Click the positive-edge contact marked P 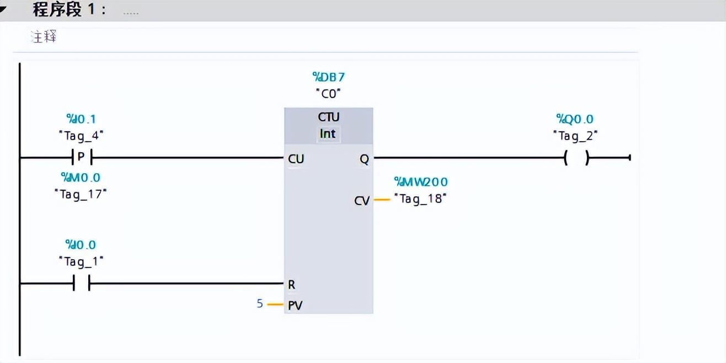81,158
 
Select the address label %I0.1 81,119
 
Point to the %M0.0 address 81,178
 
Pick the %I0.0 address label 81,244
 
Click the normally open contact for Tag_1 81,284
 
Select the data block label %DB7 329,77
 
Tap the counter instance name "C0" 329,94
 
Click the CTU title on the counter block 329,117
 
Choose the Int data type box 328,134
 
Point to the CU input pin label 296,159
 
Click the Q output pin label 364,159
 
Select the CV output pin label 362,201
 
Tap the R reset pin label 291,285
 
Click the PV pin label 295,305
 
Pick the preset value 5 260,303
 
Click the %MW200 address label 420,182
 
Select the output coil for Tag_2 576,158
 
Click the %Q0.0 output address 575,119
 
